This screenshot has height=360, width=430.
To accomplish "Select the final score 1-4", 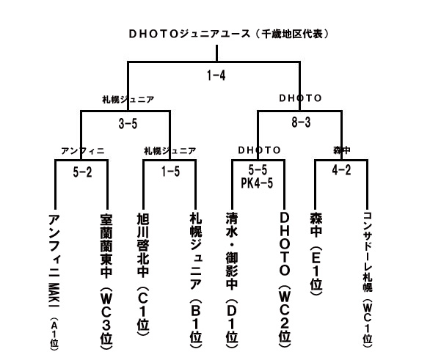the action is coord(216,76).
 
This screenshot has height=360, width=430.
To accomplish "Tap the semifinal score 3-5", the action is coord(128,124).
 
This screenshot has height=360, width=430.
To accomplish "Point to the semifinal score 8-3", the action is coord(301,122).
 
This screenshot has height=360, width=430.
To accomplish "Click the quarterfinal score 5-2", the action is coord(82,172).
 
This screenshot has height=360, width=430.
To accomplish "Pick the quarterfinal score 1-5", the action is coord(170,172).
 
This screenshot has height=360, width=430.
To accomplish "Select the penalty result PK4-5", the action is coord(257,183).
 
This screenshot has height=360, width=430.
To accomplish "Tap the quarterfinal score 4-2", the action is coord(341,170).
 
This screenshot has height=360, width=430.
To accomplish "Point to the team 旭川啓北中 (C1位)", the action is coord(143,274).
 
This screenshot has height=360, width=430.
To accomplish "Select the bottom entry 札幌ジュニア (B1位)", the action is coord(196,281).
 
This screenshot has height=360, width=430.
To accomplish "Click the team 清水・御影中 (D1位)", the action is coord(232,282).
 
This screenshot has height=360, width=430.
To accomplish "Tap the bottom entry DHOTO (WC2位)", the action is coord(285,281).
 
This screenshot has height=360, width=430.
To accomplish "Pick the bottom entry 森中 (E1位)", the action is coord(316,254).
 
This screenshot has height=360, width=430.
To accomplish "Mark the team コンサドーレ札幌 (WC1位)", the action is coord(368,278).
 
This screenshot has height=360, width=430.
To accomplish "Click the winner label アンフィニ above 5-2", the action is coord(83,151).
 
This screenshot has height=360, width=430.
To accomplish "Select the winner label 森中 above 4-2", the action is coord(342,150).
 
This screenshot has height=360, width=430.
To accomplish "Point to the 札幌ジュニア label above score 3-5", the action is coord(128,99).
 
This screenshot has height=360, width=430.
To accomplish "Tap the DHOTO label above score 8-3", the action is coord(300,98).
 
